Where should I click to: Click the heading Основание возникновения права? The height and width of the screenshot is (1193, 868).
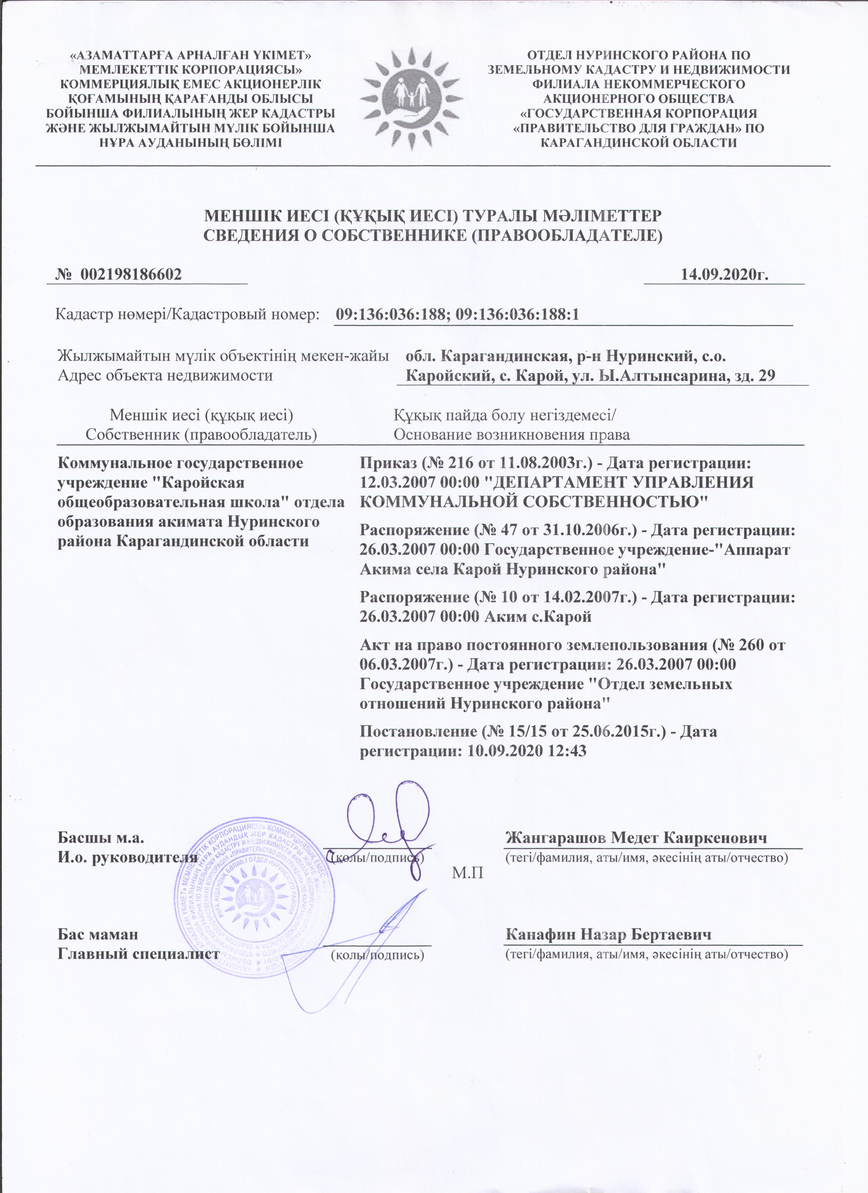click(512, 435)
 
